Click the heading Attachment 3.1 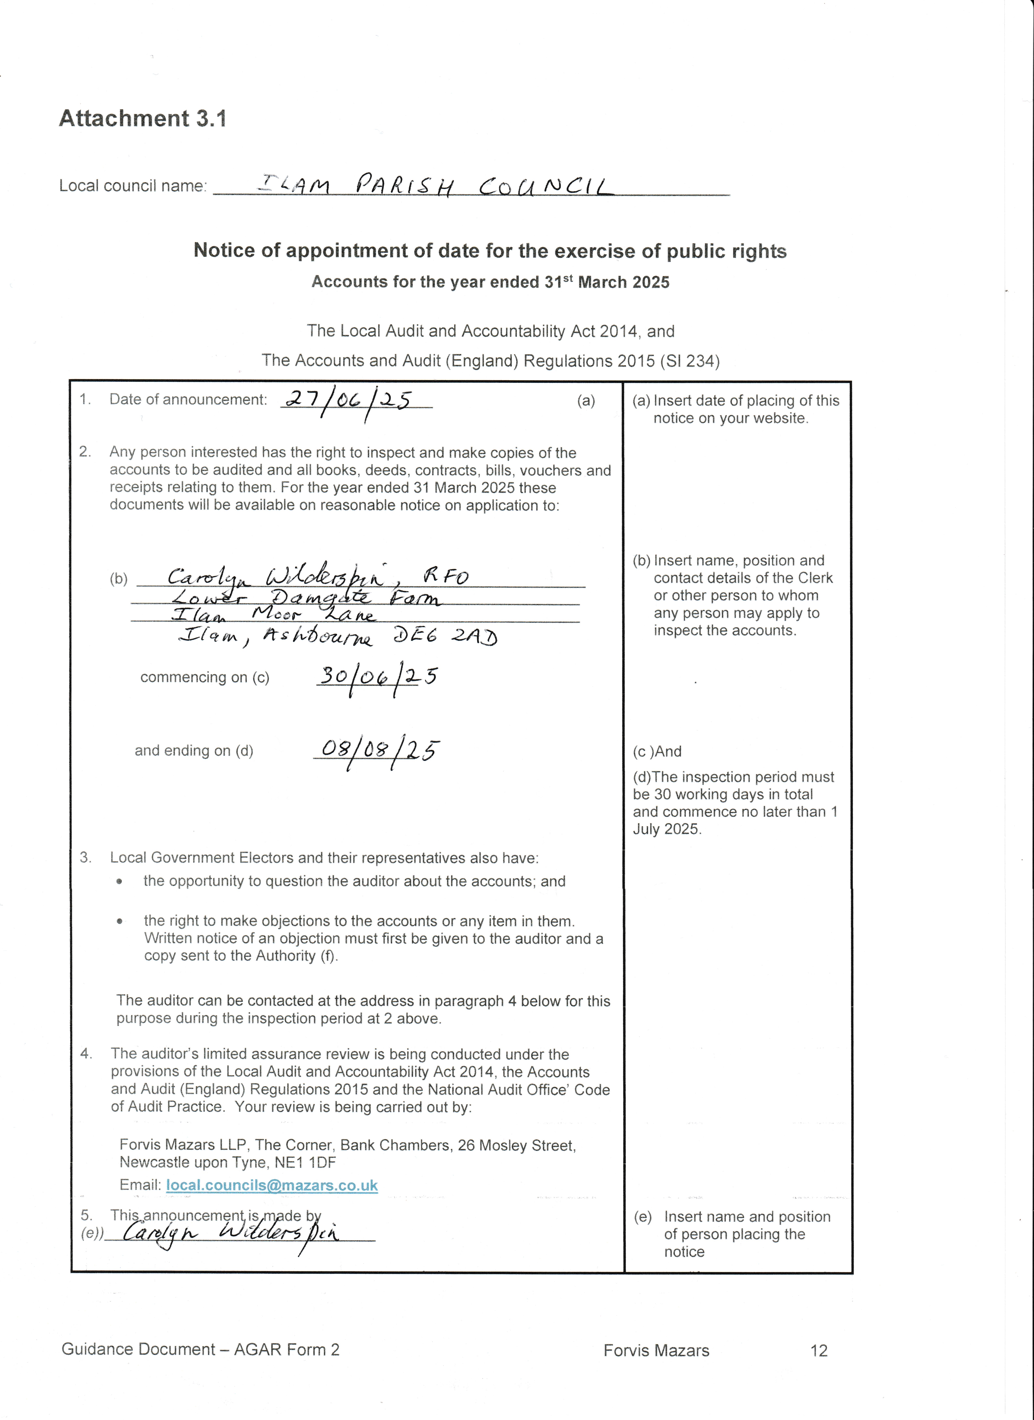click(143, 118)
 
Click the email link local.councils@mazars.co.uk click(272, 1185)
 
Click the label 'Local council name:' click(133, 186)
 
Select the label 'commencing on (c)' click(205, 677)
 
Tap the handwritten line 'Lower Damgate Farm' click(306, 598)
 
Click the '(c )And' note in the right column click(657, 751)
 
